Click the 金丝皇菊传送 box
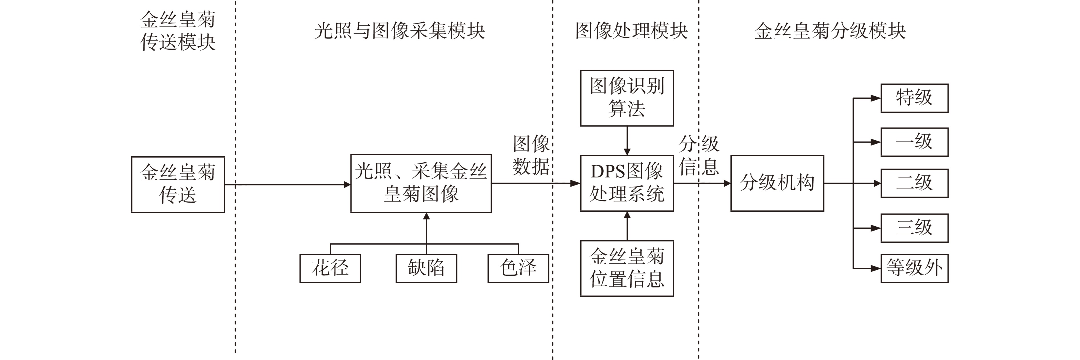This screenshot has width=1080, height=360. click(178, 184)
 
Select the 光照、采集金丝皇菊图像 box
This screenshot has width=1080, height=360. click(421, 183)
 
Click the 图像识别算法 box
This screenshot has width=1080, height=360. click(627, 98)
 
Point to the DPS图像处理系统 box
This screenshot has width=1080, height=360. click(627, 183)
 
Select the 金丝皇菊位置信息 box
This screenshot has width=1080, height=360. click(627, 268)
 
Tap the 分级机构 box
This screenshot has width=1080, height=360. click(777, 183)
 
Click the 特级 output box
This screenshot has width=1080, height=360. click(914, 98)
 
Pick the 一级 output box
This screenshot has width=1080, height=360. click(914, 142)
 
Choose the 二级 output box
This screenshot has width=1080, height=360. click(914, 183)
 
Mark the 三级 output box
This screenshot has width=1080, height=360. click(914, 228)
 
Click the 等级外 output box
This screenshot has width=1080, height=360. click(914, 268)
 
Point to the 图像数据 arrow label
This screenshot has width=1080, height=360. click(531, 155)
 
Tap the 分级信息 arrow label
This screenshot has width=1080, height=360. click(699, 155)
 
